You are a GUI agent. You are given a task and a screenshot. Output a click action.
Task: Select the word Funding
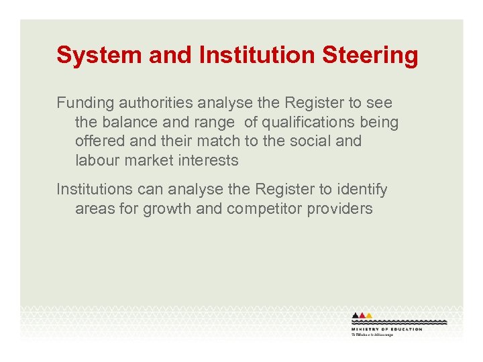[x=85, y=103]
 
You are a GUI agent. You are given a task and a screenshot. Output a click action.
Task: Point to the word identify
[x=362, y=190]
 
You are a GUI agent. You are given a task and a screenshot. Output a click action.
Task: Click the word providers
[x=339, y=208]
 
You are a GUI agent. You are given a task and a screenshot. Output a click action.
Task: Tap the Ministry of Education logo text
[x=387, y=329]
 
